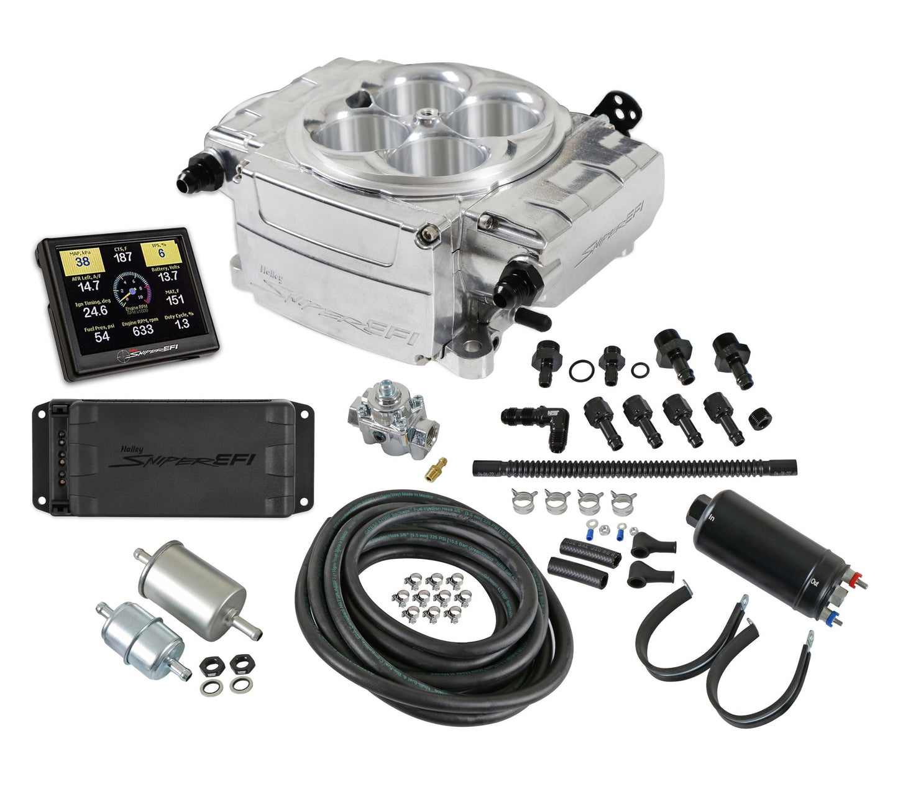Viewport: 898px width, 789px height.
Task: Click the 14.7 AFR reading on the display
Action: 88,286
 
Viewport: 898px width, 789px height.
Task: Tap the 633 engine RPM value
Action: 142,330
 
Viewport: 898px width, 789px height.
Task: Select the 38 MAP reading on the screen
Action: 83,261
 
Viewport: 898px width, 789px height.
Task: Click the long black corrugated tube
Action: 634,466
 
